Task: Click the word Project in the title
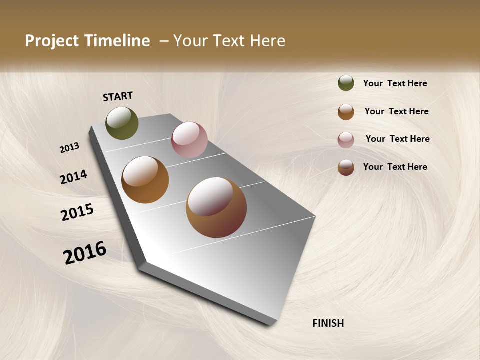[x=51, y=41]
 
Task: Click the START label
[x=118, y=96]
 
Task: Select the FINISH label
[x=328, y=323]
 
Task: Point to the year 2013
[x=69, y=148]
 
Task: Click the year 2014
[x=73, y=177]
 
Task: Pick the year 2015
[x=77, y=212]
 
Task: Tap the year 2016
[x=85, y=253]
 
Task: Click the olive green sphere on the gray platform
[x=122, y=123]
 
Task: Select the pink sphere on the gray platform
[x=189, y=140]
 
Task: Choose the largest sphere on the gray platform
[x=216, y=207]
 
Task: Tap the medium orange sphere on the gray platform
[x=145, y=180]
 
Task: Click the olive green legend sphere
[x=346, y=83]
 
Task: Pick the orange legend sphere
[x=346, y=112]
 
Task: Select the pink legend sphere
[x=346, y=140]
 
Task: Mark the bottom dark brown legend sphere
[x=346, y=167]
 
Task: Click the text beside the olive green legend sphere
[x=395, y=83]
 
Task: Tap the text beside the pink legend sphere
[x=397, y=139]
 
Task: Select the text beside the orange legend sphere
[x=396, y=111]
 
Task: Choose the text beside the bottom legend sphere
[x=395, y=167]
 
